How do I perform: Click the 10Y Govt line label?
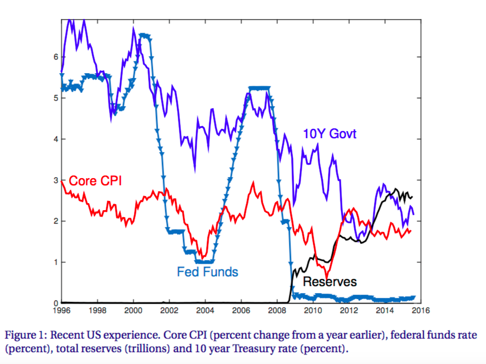[x=329, y=133]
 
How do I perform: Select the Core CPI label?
[x=95, y=181]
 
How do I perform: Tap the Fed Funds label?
[x=208, y=272]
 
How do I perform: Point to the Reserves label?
[x=329, y=282]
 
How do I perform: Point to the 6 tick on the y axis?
[x=56, y=57]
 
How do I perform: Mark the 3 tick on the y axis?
[x=56, y=180]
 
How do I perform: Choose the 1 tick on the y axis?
[x=56, y=262]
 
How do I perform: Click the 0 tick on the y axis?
[x=56, y=303]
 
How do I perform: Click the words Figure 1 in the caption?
[x=25, y=336]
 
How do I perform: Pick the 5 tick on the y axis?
[x=56, y=98]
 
